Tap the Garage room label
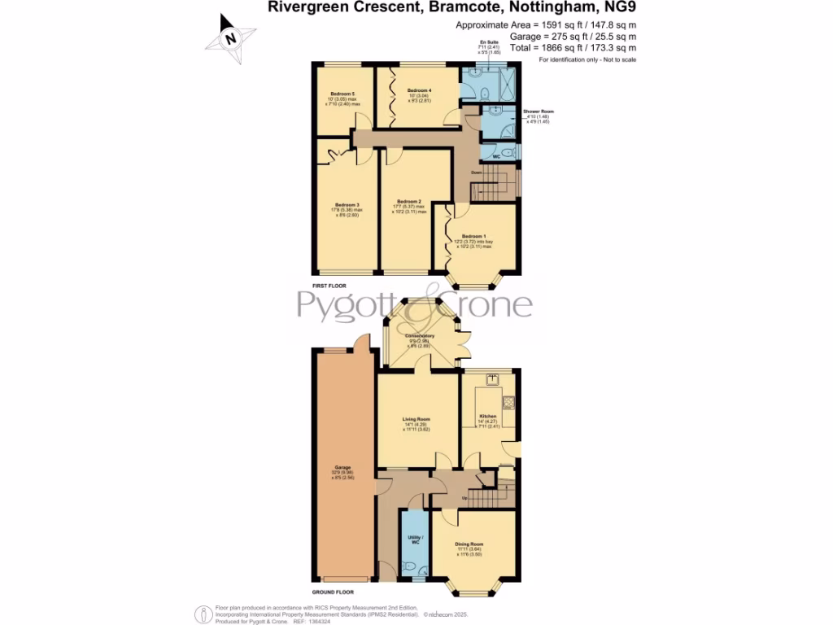point(342,467)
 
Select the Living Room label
point(415,420)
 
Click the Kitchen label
point(487,415)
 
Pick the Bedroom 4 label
point(419,90)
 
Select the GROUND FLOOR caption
point(333,592)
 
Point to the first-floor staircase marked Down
point(491,189)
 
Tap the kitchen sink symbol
point(491,378)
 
